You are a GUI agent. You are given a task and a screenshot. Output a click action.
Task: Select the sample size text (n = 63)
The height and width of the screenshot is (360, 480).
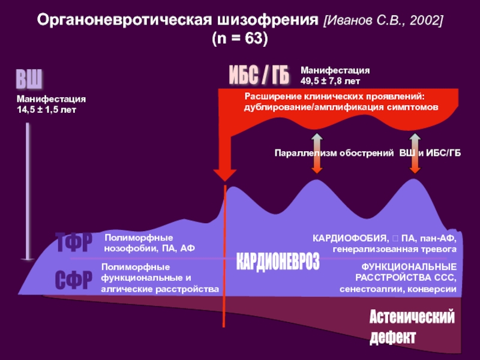pos(239,38)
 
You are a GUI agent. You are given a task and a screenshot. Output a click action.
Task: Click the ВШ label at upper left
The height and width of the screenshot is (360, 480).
pos(29,79)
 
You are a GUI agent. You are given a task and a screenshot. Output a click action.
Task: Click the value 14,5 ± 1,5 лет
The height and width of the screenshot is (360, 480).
pos(46,110)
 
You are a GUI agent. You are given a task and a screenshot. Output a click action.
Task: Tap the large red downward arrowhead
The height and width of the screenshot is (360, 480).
pos(225,171)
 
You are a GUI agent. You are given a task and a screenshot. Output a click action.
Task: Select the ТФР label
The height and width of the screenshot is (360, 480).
pos(74,243)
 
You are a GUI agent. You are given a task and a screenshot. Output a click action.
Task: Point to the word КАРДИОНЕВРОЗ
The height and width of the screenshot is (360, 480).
pos(277,262)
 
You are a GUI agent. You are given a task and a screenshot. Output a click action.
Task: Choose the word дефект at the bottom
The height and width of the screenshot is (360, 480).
pos(392,337)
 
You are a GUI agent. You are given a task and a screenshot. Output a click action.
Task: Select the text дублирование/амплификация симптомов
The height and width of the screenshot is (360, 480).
pos(341,107)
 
